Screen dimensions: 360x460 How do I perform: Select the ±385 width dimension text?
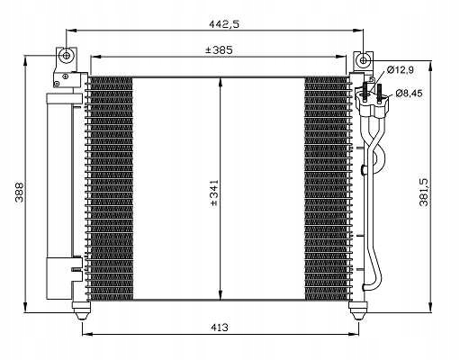tap(217, 50)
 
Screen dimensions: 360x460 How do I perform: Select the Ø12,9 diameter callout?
tap(402, 70)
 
